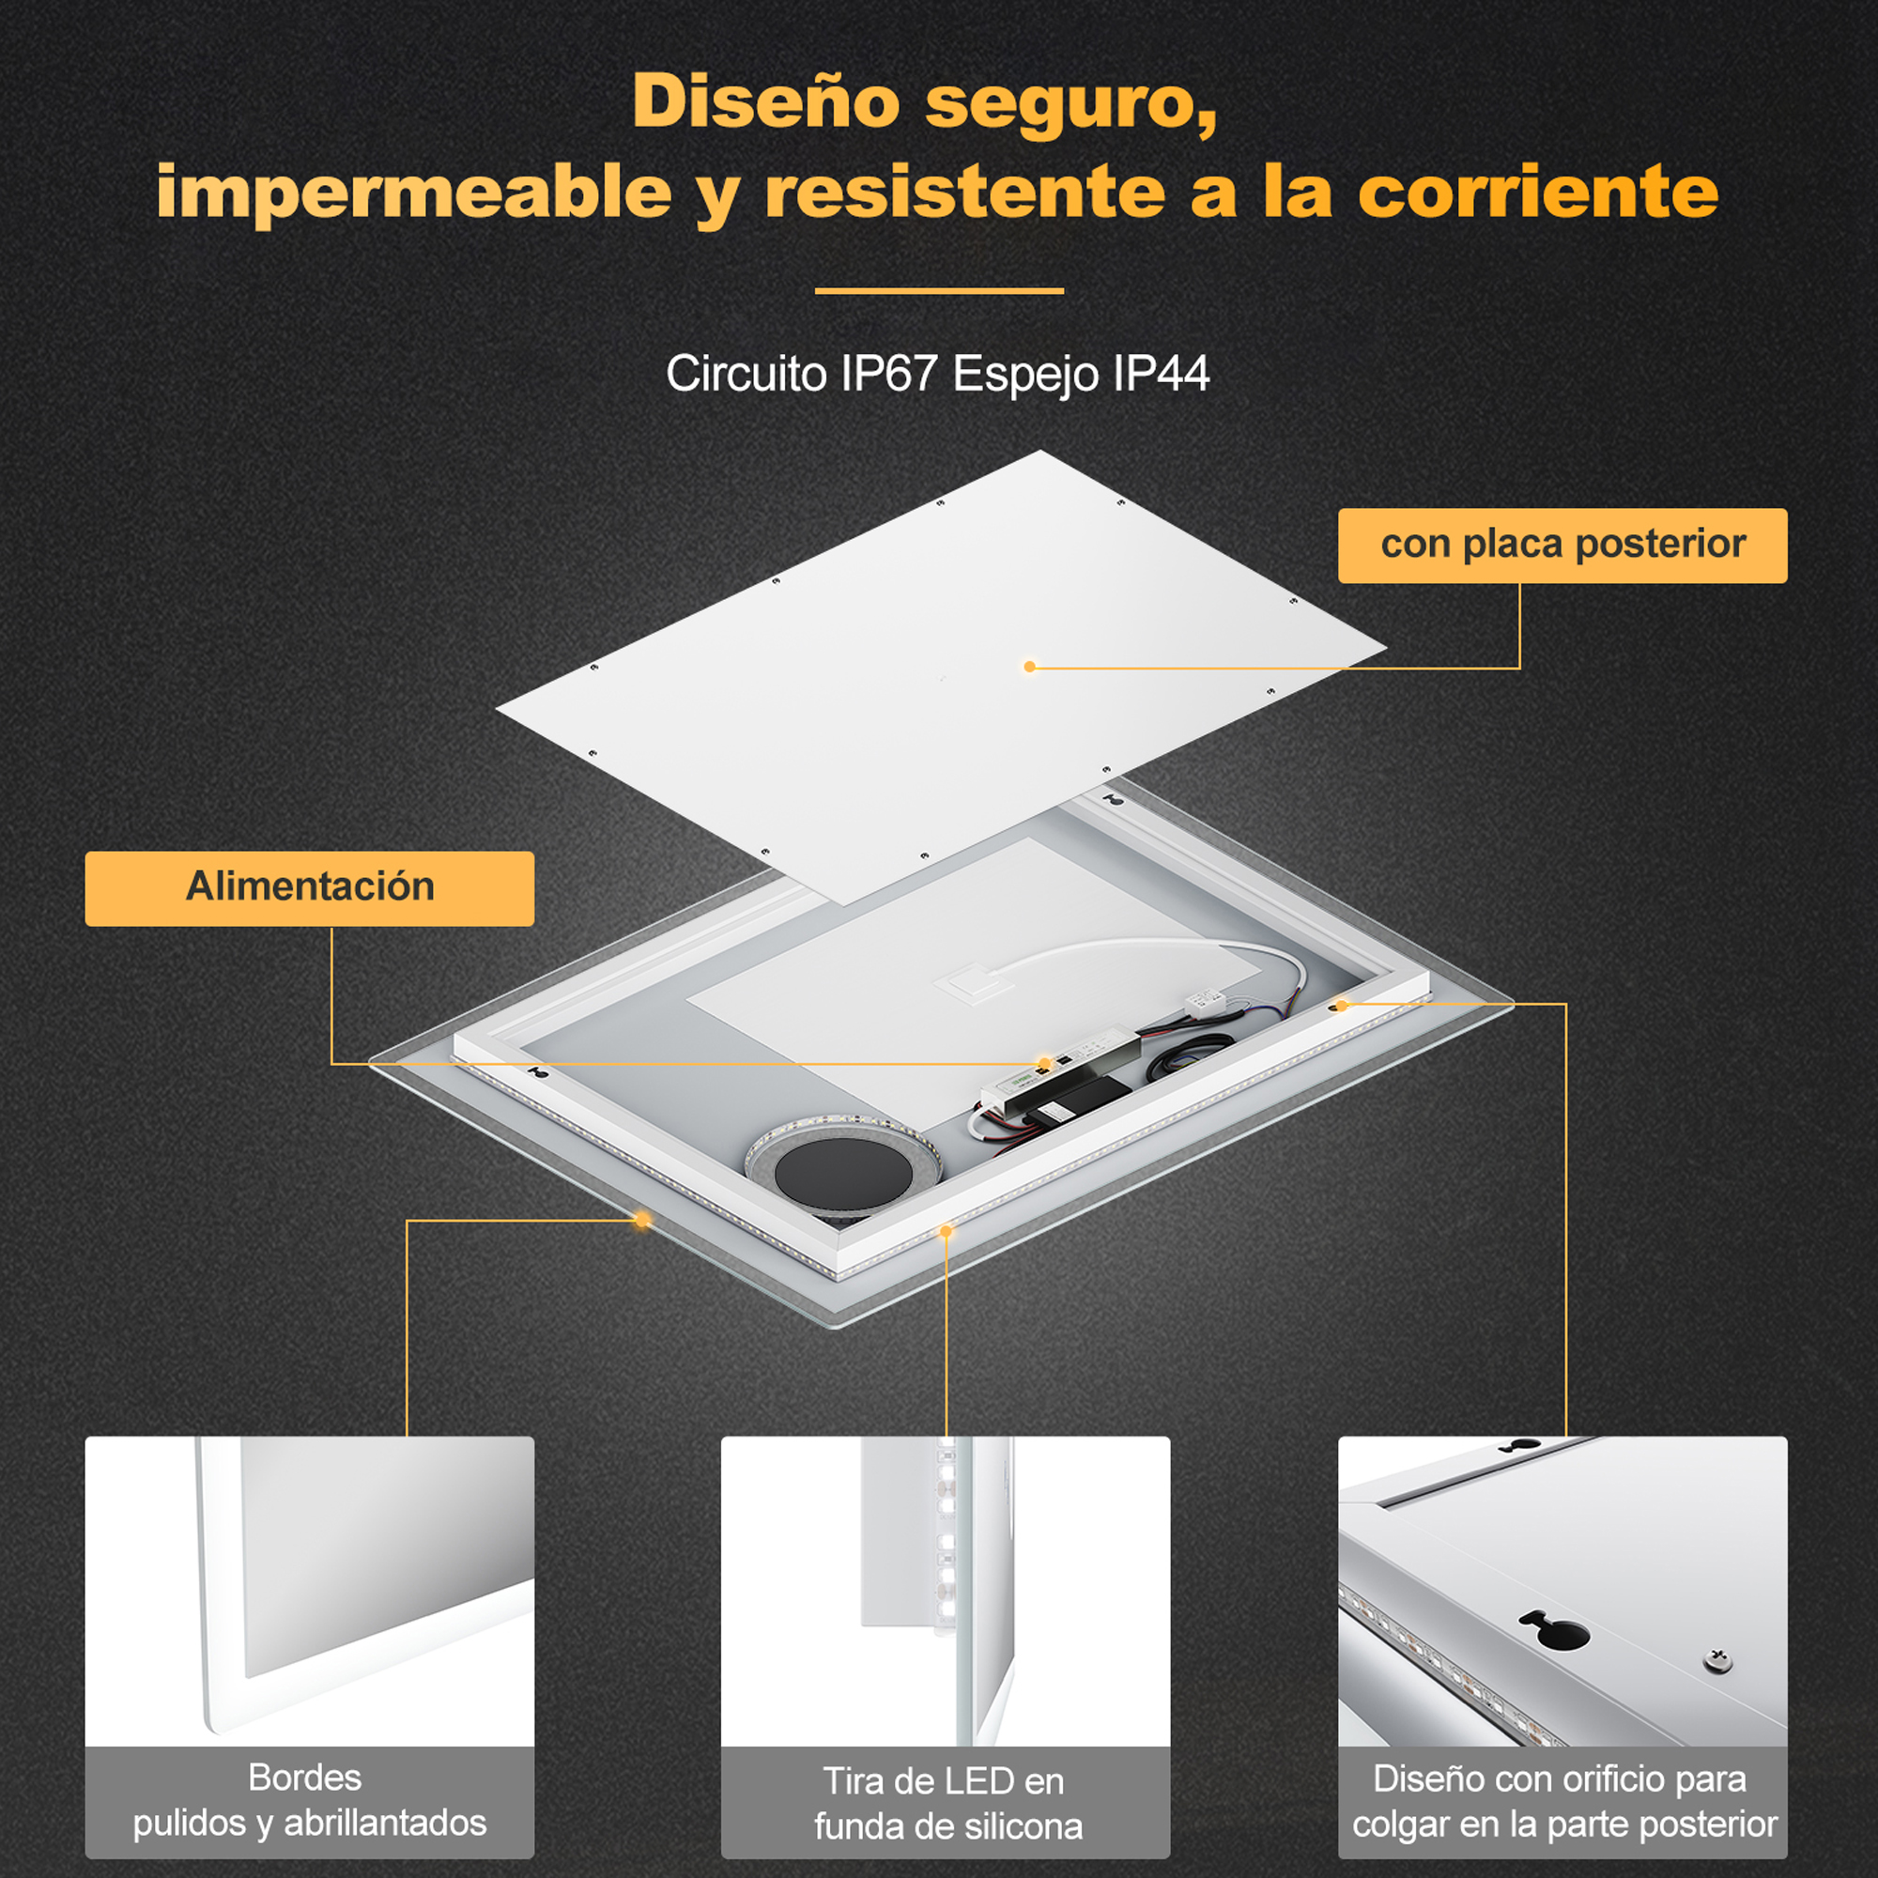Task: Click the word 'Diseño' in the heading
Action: tap(766, 102)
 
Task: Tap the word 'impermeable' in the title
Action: tap(414, 192)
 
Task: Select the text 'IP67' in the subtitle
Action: tap(888, 374)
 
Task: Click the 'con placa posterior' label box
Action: tap(1562, 546)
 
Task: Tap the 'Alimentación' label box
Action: tap(309, 888)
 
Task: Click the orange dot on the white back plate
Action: tap(1029, 667)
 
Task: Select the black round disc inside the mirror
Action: tap(844, 1177)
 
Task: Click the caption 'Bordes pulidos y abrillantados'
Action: tap(309, 1799)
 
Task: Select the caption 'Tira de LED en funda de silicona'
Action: tap(946, 1803)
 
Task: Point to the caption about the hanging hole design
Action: tap(1563, 1801)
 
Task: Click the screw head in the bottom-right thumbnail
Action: tap(1717, 1660)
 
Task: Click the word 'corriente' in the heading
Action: tap(1538, 192)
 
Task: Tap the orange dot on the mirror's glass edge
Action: tap(641, 1218)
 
